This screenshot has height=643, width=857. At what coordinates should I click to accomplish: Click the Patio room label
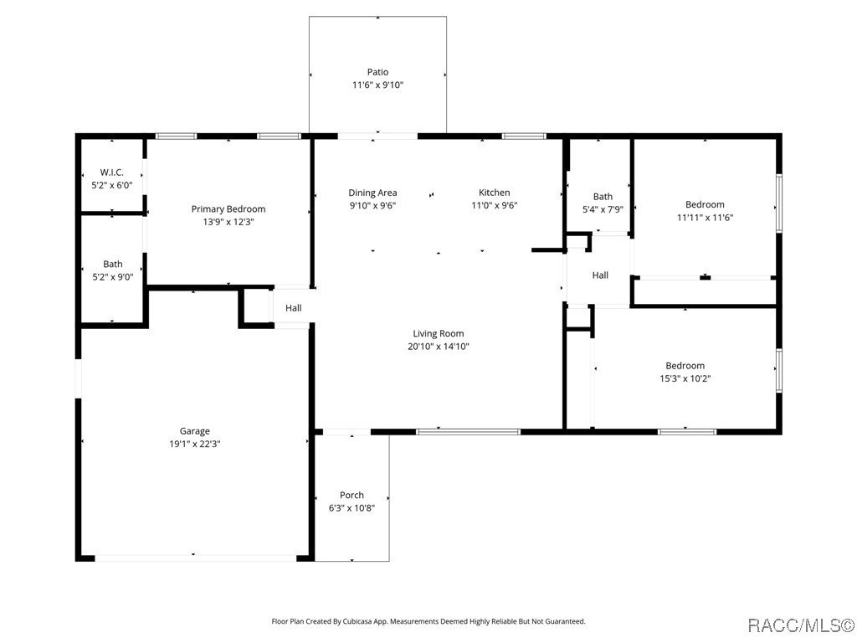pos(377,72)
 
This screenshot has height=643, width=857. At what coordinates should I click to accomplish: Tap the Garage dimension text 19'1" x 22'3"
pos(194,445)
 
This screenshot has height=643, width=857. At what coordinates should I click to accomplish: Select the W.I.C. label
pos(112,172)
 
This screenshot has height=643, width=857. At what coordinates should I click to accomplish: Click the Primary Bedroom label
pos(228,209)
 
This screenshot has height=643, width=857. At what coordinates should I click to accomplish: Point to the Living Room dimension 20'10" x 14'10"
pos(438,347)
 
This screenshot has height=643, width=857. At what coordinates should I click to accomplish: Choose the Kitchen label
pos(494,193)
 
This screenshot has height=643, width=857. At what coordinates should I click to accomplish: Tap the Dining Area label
pos(372,193)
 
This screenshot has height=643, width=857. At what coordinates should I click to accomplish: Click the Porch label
pos(352,495)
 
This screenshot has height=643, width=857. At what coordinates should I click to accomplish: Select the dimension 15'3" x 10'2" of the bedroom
pos(685,378)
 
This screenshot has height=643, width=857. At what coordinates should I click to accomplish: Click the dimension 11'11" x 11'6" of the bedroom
pos(705,218)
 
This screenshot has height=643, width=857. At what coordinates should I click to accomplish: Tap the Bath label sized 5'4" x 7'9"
pos(603,197)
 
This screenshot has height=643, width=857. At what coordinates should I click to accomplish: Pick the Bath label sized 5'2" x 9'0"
pos(112,264)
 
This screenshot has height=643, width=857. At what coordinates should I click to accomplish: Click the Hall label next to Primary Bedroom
pos(293,308)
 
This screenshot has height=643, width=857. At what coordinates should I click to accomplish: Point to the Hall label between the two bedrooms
pos(600,275)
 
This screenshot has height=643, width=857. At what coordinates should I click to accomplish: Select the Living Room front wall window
pos(468,432)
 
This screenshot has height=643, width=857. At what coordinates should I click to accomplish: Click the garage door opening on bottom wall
pos(194,558)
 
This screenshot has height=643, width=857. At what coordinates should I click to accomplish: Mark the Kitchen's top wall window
pos(524,136)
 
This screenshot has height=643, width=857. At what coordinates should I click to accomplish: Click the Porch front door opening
pos(346,432)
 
